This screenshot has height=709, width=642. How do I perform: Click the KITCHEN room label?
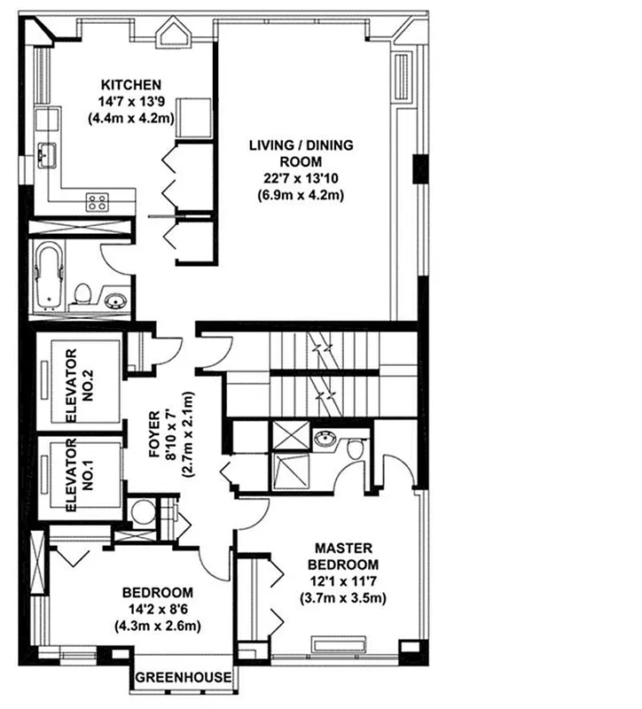click(129, 85)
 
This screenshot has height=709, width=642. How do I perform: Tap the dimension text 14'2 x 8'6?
click(157, 610)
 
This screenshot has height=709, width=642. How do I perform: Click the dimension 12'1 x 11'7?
click(342, 580)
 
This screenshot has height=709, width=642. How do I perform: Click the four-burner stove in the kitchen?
click(97, 201)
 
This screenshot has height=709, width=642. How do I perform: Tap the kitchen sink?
click(45, 153)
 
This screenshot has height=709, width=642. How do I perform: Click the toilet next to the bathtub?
click(81, 293)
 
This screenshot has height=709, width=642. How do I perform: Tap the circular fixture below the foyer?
click(140, 512)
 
